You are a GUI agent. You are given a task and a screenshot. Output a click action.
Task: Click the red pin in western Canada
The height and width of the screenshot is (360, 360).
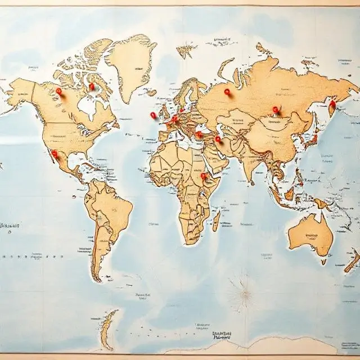pos(58,91)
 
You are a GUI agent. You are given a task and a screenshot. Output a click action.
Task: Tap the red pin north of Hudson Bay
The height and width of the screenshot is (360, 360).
pos(91,87)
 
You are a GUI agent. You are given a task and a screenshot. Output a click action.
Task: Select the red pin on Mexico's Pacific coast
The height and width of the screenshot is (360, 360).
pos(55,153)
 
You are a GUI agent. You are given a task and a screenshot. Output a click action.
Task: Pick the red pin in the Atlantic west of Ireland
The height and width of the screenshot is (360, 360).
pos(153,115)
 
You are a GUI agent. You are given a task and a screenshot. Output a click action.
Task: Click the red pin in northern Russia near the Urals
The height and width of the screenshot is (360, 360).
pos(227,91)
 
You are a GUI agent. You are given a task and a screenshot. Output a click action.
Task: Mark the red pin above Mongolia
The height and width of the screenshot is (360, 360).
pos(276,110)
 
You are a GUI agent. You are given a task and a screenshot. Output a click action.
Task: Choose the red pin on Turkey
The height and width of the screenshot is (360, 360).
pos(199,134)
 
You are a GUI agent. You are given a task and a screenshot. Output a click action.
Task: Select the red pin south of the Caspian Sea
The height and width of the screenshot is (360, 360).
pos(218,138)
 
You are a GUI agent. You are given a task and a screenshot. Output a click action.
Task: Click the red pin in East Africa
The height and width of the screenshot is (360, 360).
pos(204,176)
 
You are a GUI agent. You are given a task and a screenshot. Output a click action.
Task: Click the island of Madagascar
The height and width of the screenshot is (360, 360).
pos(216,220)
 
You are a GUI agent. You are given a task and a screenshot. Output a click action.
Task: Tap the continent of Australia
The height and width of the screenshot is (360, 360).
pos(310,234)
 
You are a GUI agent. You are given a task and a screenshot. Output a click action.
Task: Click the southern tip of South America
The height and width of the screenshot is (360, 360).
pos(97,277)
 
